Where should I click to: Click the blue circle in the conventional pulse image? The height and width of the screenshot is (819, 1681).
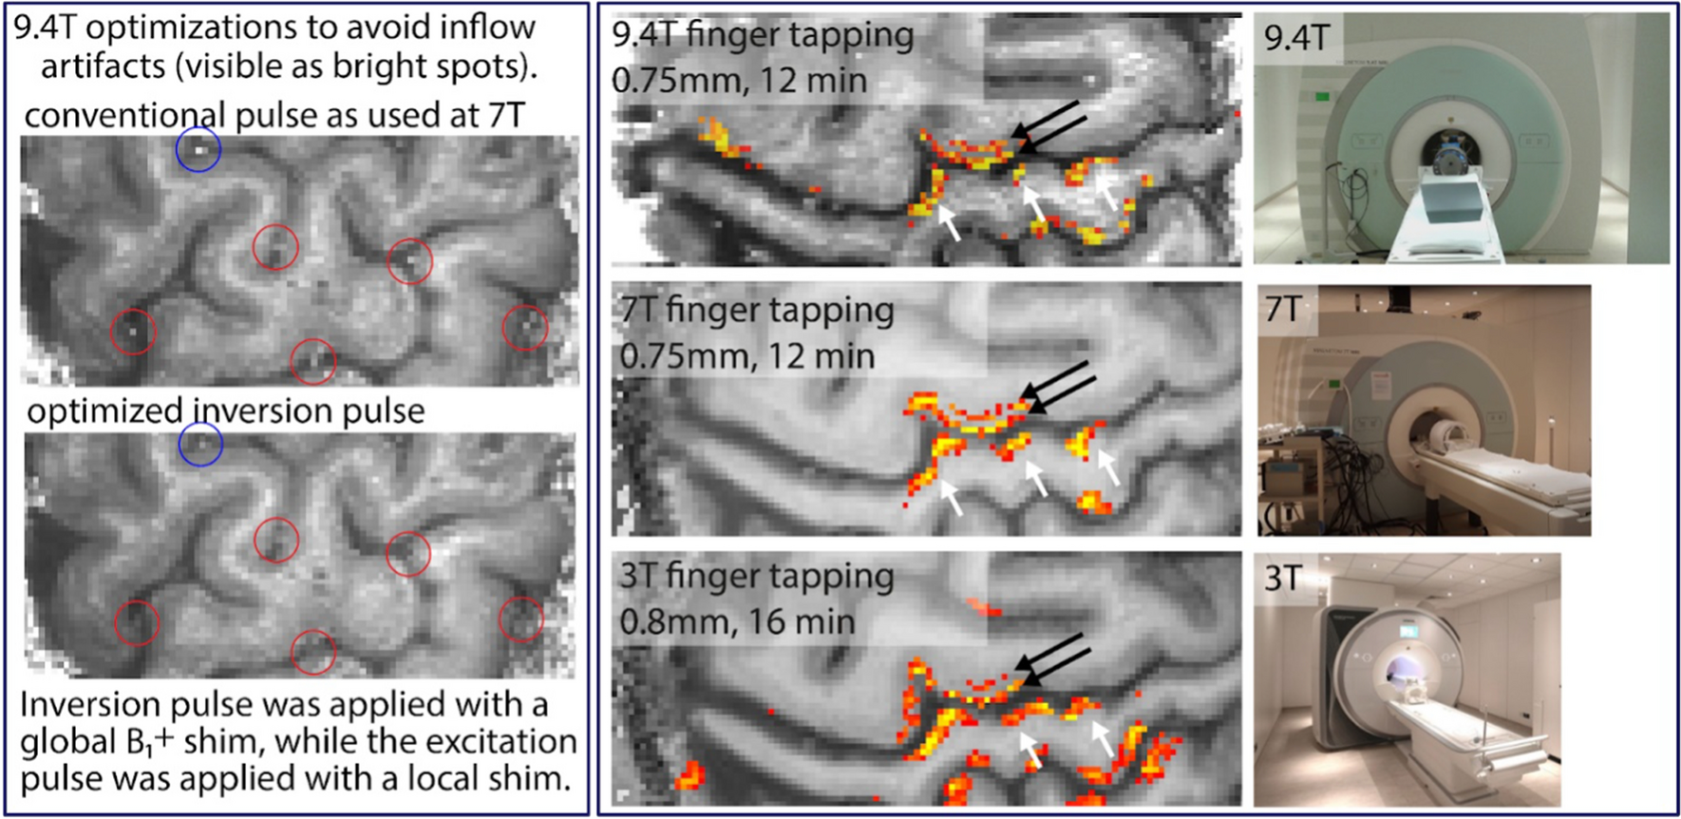[198, 149]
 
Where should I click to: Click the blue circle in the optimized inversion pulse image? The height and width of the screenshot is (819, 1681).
[200, 445]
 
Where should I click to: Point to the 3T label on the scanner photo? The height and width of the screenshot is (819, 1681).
[1283, 577]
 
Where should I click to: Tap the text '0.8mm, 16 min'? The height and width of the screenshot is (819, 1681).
[737, 622]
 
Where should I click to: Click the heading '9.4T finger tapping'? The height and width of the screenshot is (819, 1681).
[763, 35]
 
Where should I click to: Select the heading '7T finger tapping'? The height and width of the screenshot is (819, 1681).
[757, 311]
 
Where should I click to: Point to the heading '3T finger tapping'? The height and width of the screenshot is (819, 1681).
[757, 577]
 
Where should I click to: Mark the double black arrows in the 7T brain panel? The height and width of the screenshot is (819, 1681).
[1059, 387]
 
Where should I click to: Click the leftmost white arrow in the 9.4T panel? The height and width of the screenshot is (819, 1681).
[948, 222]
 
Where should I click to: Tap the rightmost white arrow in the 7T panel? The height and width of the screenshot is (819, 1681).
[1108, 467]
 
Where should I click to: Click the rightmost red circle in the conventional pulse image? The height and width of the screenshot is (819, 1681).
[525, 327]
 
